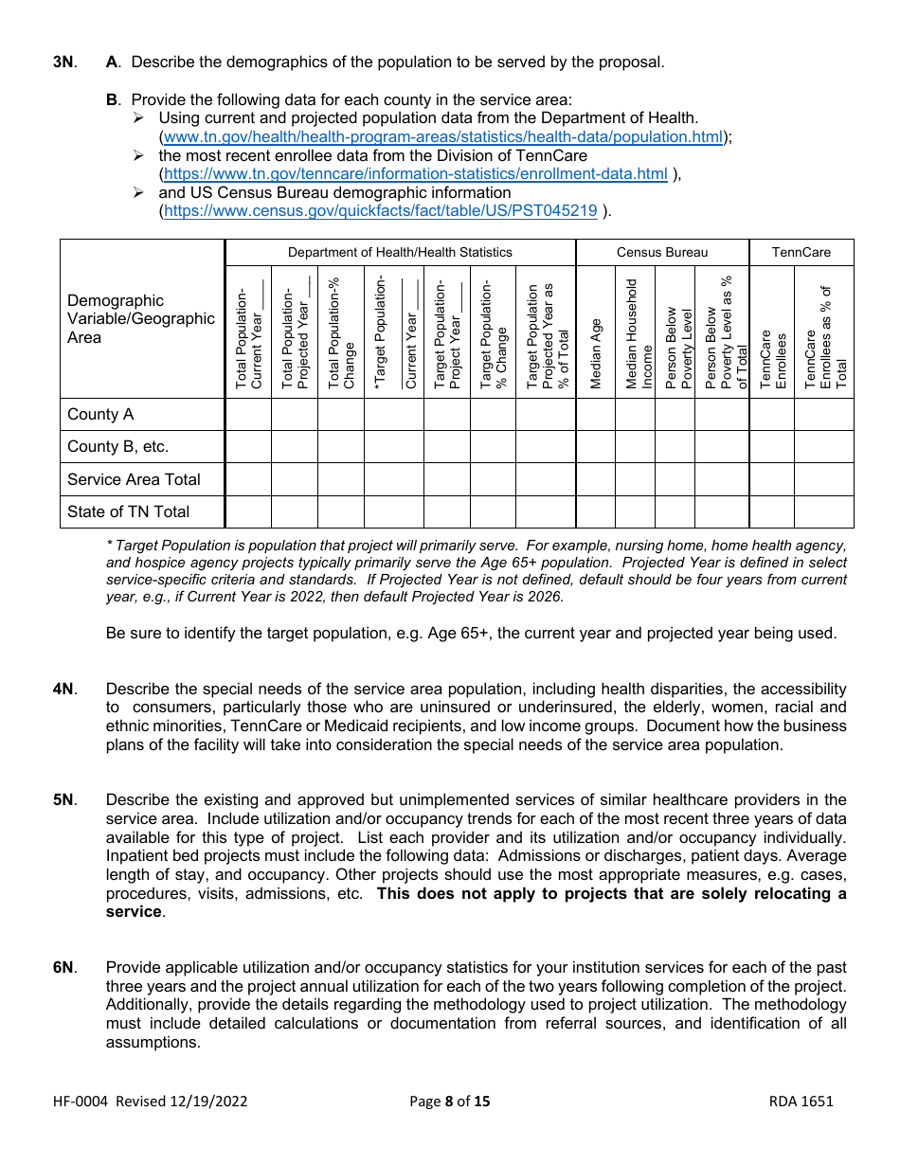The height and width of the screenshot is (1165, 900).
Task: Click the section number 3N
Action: pos(63,63)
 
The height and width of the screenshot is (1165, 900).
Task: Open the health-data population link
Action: pos(443,136)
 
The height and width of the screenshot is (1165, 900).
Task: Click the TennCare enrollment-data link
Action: pos(416,174)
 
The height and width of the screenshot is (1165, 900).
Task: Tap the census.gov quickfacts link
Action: pos(381,211)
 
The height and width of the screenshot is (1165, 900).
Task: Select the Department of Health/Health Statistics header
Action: pos(400,252)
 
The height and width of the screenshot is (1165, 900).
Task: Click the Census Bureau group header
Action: pos(661,252)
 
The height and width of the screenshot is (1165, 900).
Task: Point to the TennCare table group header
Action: pos(801,252)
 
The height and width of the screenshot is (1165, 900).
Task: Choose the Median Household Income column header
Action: pos(635,333)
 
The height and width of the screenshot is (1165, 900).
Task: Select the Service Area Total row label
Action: pos(134,479)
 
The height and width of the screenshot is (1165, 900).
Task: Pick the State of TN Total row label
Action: pos(128,511)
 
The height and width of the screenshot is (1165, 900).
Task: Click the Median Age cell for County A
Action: pos(595,415)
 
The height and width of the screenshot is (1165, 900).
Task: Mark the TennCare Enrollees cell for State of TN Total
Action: pos(771,511)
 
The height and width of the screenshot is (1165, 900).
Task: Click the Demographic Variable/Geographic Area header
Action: pos(141,319)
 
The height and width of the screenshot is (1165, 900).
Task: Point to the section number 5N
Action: pos(63,800)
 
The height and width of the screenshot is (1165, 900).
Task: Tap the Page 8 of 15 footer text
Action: pos(450,1101)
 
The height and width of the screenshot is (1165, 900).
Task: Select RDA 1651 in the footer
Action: pos(801,1101)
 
